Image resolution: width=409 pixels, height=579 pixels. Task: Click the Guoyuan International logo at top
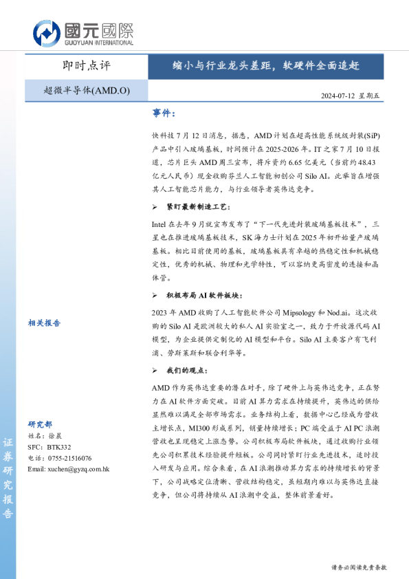pos(82,32)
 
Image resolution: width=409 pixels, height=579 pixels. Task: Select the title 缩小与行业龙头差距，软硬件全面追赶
pos(265,66)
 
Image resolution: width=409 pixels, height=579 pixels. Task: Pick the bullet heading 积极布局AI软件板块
pos(203,295)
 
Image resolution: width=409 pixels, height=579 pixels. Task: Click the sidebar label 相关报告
pos(45,322)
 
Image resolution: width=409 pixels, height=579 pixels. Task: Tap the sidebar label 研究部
pos(40,424)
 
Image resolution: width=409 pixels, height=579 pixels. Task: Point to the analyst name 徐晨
pos(54,437)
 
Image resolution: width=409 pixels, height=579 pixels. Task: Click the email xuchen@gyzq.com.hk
pos(69,468)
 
